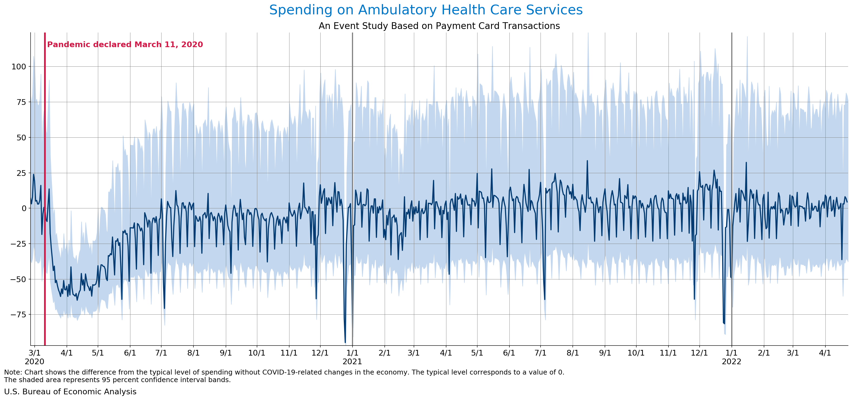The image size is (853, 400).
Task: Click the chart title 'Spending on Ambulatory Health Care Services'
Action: click(426, 10)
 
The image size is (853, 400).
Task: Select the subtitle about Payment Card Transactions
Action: click(439, 26)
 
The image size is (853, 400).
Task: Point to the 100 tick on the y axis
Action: click(19, 67)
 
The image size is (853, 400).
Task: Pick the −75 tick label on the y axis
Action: click(18, 314)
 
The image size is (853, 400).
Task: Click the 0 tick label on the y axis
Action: click(24, 208)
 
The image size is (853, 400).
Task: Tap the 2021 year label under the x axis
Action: click(352, 362)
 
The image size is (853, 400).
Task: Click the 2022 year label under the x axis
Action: click(732, 362)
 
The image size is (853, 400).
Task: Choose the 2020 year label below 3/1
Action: click(34, 362)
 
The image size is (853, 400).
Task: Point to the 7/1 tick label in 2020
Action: click(161, 353)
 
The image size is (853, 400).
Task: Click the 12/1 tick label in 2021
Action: click(699, 353)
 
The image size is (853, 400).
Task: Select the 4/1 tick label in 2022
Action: click(825, 353)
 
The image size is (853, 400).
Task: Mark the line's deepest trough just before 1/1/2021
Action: click(345, 342)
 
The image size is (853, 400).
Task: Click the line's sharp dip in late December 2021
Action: click(724, 323)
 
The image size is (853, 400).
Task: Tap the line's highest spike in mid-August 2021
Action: click(587, 161)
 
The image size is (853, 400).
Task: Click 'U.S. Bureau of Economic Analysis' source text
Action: click(70, 392)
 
